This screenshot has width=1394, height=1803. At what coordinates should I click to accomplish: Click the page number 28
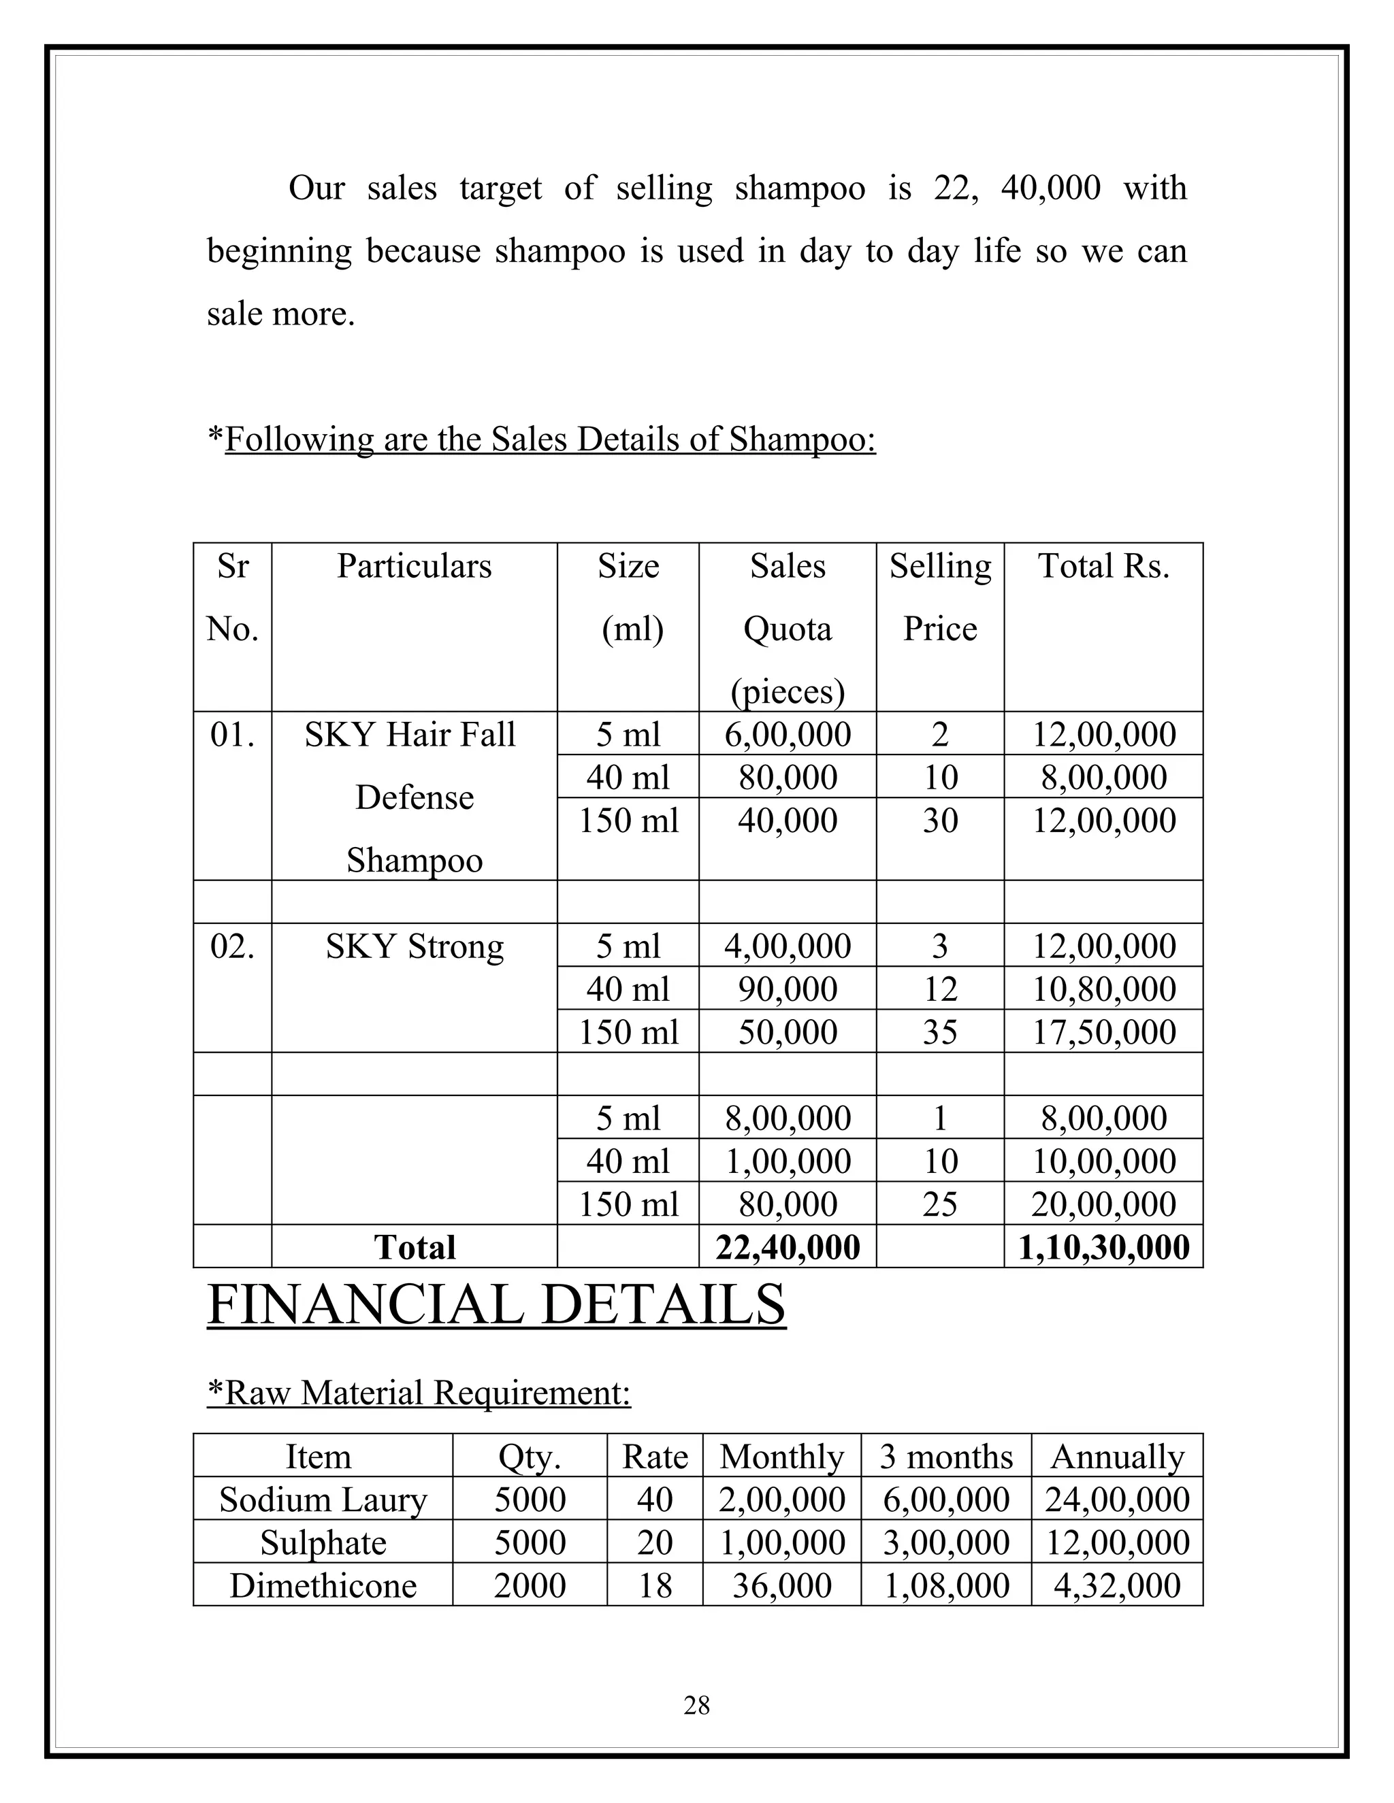pyautogui.click(x=696, y=1705)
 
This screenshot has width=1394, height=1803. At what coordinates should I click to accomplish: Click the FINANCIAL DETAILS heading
pyautogui.click(x=496, y=1304)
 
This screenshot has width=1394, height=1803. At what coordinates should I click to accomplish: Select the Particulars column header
pyautogui.click(x=414, y=566)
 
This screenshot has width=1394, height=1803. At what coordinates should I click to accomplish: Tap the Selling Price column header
pyautogui.click(x=940, y=597)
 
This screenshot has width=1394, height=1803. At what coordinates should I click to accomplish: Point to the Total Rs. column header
pyautogui.click(x=1103, y=566)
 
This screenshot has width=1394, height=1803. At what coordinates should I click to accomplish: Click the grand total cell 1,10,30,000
pyautogui.click(x=1103, y=1246)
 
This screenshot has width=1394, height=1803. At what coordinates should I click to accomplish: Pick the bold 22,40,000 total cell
pyautogui.click(x=787, y=1246)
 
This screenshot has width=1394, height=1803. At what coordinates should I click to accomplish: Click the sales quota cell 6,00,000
pyautogui.click(x=787, y=734)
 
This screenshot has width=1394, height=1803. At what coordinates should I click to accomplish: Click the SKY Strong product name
pyautogui.click(x=414, y=946)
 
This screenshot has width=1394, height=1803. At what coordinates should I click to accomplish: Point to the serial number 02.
pyautogui.click(x=232, y=946)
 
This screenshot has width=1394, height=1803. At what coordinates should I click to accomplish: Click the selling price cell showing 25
pyautogui.click(x=940, y=1204)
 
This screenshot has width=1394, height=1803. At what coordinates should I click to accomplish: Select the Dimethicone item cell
pyautogui.click(x=323, y=1585)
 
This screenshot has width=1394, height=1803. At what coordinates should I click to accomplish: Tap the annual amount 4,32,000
pyautogui.click(x=1116, y=1585)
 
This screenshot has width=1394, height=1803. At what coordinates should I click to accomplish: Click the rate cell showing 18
pyautogui.click(x=655, y=1585)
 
